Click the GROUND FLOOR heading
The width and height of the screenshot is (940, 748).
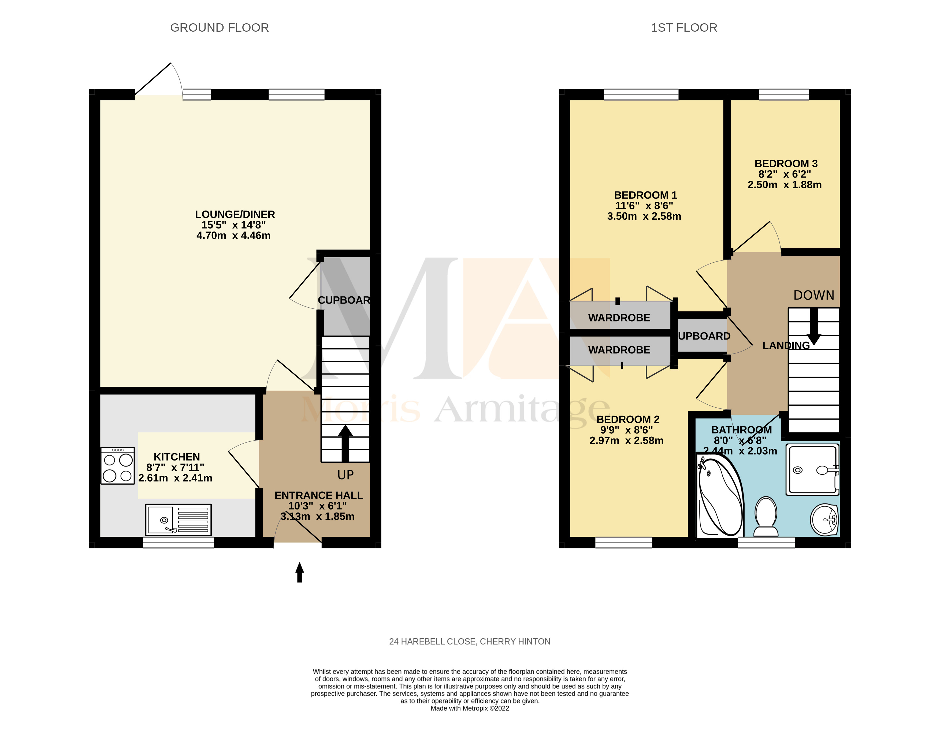pyautogui.click(x=219, y=28)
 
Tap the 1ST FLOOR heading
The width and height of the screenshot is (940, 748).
pyautogui.click(x=684, y=28)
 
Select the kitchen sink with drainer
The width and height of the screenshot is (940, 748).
pyautogui.click(x=178, y=519)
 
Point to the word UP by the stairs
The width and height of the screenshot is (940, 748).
pyautogui.click(x=345, y=475)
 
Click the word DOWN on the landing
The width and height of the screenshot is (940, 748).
pyautogui.click(x=813, y=295)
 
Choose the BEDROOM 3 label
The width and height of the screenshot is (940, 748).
pyautogui.click(x=786, y=164)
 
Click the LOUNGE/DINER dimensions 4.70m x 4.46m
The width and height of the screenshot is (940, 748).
pyautogui.click(x=233, y=235)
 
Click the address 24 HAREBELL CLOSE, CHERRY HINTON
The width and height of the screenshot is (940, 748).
pyautogui.click(x=470, y=642)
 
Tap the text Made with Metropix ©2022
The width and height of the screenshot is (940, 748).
pyautogui.click(x=470, y=708)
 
